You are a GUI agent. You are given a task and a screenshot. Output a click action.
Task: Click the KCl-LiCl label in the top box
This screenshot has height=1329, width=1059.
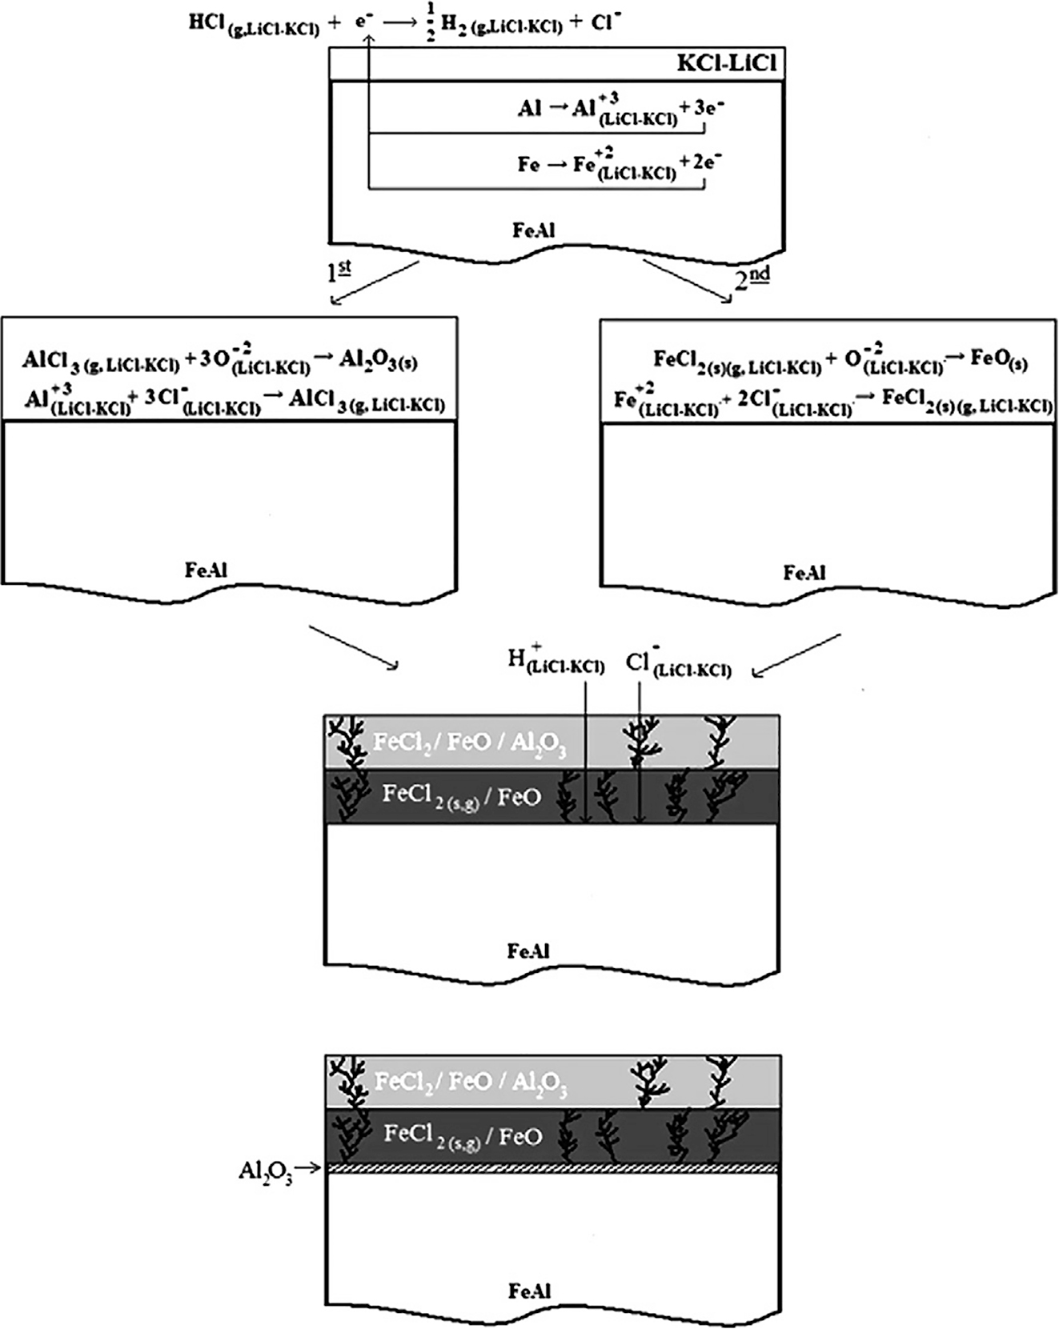[x=726, y=65]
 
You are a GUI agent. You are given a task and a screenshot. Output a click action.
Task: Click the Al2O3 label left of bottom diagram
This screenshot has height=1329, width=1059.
[x=265, y=1172]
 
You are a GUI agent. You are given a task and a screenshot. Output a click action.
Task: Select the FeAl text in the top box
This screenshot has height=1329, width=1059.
[x=534, y=230]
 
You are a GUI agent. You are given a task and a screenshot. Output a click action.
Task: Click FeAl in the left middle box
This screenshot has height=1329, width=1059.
[x=206, y=570]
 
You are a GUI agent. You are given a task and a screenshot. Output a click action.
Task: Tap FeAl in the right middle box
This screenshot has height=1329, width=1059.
[x=804, y=573]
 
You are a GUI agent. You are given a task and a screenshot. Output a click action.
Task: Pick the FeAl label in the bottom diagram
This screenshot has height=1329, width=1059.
[x=529, y=1291]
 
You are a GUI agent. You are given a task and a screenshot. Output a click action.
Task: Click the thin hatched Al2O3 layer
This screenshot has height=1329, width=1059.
[x=552, y=1169]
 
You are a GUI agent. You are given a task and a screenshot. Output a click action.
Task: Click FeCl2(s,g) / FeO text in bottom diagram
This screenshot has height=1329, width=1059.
[x=463, y=1137]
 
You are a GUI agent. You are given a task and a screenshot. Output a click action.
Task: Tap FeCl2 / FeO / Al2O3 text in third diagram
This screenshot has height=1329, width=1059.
[x=470, y=744]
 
